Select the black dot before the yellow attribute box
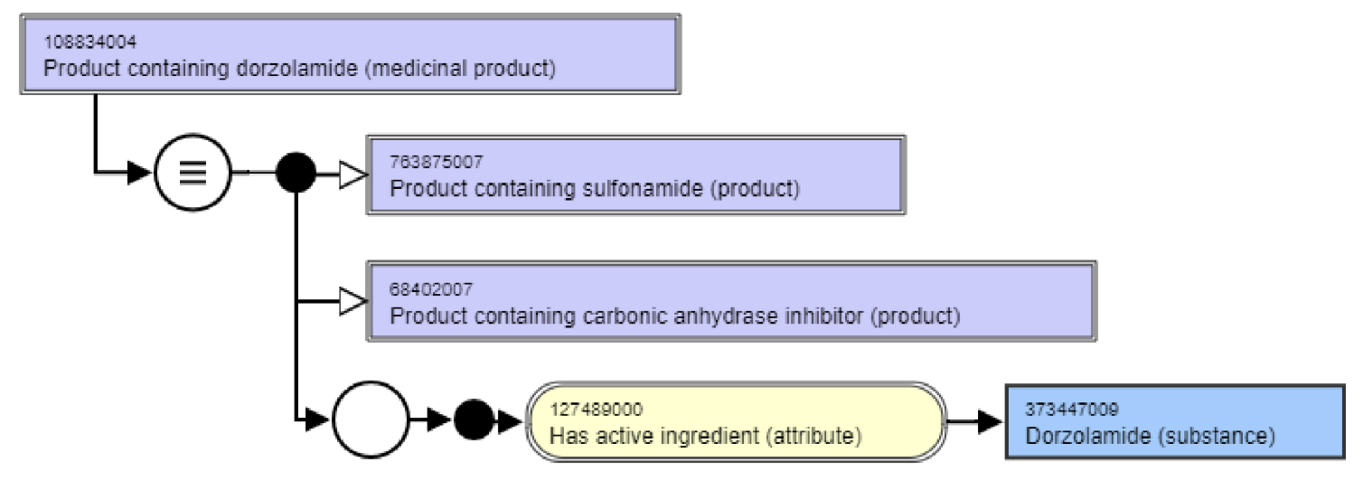click(474, 420)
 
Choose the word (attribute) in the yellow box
click(810, 436)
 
